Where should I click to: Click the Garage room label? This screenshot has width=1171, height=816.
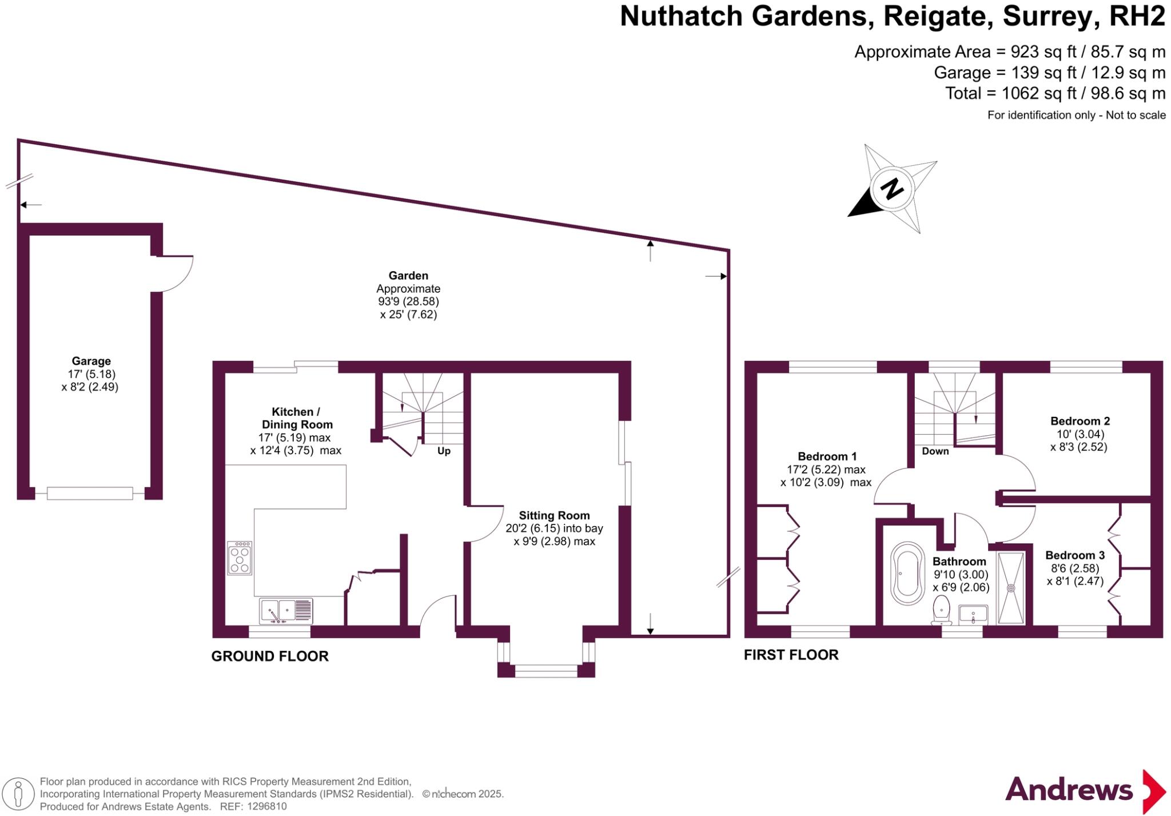[x=91, y=361]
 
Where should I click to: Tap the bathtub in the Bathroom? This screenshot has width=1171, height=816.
[x=907, y=573]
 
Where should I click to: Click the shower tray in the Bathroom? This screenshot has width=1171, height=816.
[x=1011, y=588]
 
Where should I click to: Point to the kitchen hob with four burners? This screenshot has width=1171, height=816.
[x=239, y=558]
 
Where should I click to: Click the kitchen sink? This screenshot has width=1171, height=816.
[x=286, y=611]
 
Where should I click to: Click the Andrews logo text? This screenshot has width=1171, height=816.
[x=1069, y=790]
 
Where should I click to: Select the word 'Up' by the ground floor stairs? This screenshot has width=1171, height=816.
[x=444, y=451]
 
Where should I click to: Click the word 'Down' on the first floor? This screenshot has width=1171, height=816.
[x=935, y=451]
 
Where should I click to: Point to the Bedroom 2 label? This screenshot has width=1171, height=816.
[x=1080, y=421]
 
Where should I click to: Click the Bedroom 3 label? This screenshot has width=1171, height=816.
[x=1075, y=555]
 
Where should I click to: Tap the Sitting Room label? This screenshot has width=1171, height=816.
[x=554, y=515]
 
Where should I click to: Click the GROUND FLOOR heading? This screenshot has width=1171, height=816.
[x=270, y=656]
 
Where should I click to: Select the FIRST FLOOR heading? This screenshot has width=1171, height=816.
[x=791, y=655]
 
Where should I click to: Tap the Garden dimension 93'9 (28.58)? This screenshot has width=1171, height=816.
[x=408, y=301]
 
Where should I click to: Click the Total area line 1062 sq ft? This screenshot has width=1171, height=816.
[x=1056, y=93]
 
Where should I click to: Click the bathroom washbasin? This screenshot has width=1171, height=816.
[x=973, y=614]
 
